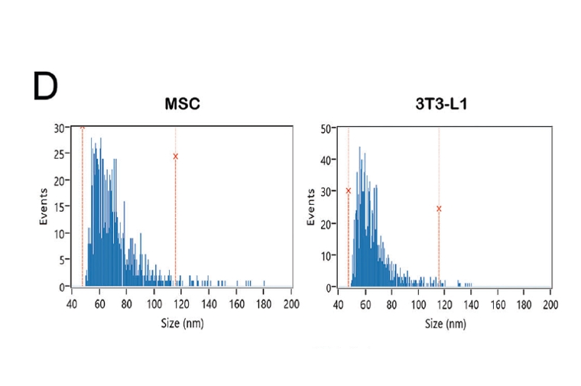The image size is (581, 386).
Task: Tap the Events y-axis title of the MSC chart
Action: pos(44,207)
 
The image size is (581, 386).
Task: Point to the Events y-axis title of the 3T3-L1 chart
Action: pos(311,207)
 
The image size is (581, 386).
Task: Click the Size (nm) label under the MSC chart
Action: pos(181,323)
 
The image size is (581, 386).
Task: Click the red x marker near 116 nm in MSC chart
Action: pos(176,156)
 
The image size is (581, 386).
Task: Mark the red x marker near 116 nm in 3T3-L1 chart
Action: pos(439,208)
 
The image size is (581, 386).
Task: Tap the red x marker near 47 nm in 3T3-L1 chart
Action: pos(349,191)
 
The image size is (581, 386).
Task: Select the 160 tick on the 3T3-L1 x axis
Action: pos(498,304)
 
